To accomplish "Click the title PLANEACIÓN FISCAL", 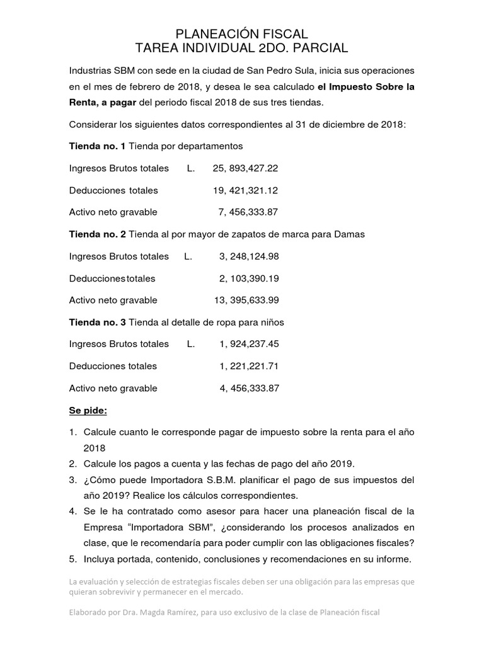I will tap(241, 33).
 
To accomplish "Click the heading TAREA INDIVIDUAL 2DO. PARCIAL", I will tap(241, 49).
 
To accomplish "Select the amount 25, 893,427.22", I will tap(245, 168).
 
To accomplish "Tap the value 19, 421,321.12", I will tap(246, 190).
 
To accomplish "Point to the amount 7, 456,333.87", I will tap(249, 212).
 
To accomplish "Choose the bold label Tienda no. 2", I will tap(97, 234).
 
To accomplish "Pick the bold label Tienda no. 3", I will tap(97, 322).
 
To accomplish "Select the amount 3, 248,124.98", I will tap(249, 256).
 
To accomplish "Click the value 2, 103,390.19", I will tap(249, 278).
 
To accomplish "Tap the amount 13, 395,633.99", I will tap(246, 300).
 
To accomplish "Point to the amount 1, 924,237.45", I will tap(249, 344).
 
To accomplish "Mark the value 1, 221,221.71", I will tap(249, 366).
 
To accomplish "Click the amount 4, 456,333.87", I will tap(249, 388).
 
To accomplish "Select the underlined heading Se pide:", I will tap(88, 411).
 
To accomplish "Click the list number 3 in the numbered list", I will tap(72, 480).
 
